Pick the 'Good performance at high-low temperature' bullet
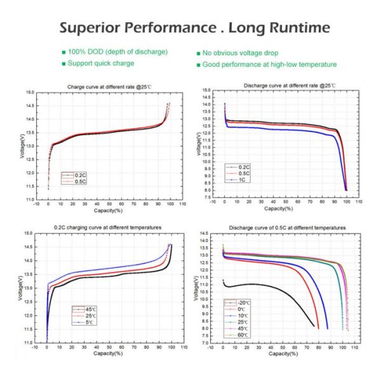tap(270, 65)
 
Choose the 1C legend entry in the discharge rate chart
tap(243, 180)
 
